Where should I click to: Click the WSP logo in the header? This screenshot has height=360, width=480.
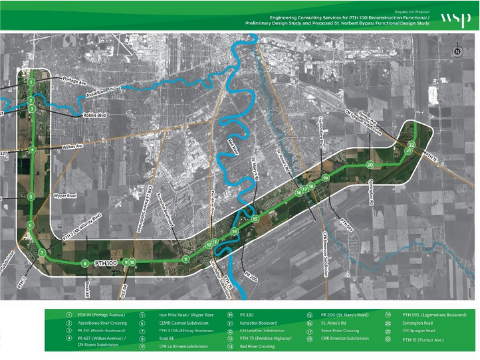pyautogui.click(x=452, y=18)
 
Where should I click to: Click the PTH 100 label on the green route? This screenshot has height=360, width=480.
pyautogui.click(x=106, y=264)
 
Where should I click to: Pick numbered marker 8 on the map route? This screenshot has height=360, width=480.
pyautogui.click(x=85, y=264)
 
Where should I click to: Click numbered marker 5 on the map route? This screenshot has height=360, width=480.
pyautogui.click(x=31, y=197)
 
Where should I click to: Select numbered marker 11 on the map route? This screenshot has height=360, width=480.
pyautogui.click(x=186, y=258)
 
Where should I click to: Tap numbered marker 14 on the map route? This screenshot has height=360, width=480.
pyautogui.click(x=234, y=231)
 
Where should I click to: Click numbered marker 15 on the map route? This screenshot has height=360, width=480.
pyautogui.click(x=255, y=219)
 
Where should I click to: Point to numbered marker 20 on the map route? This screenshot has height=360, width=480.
pyautogui.click(x=370, y=164)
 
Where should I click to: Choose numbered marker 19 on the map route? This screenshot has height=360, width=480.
pyautogui.click(x=326, y=178)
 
